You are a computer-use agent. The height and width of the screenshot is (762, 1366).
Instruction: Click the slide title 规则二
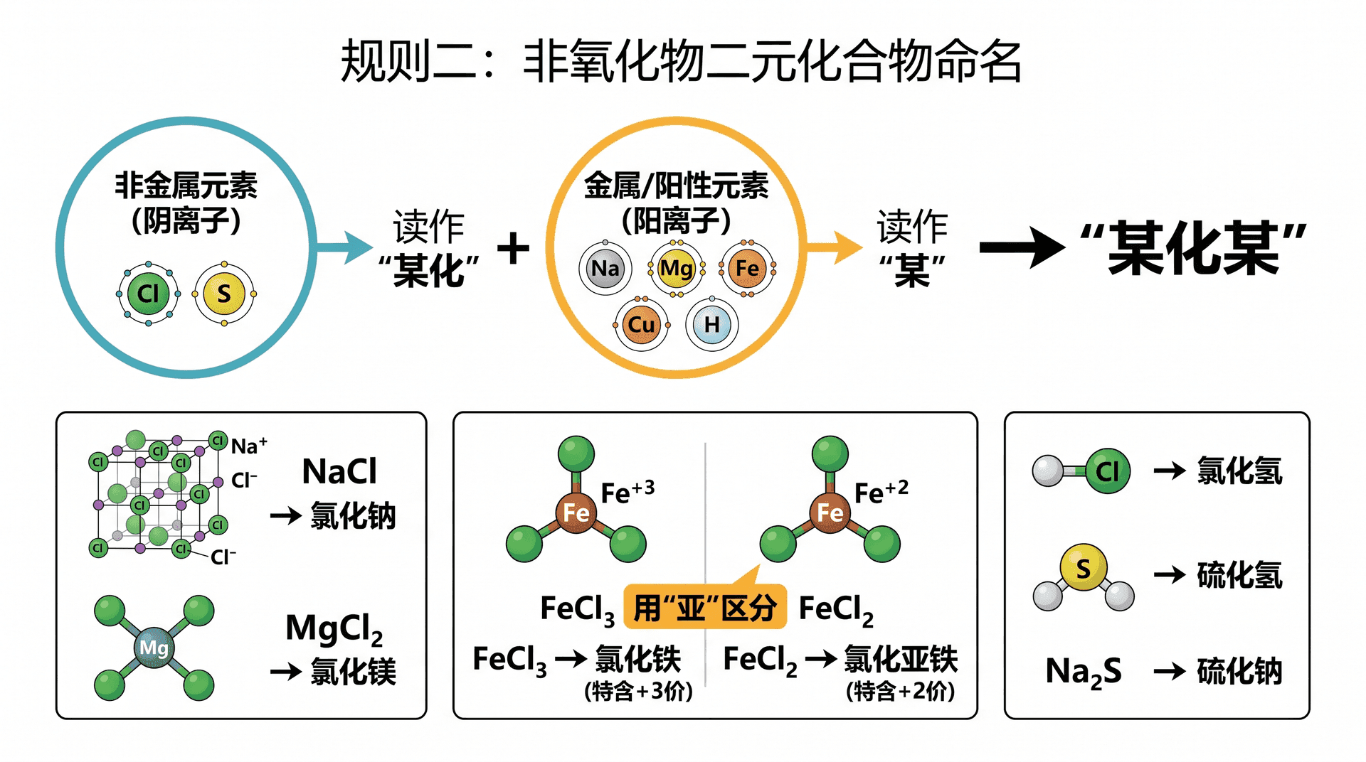409,61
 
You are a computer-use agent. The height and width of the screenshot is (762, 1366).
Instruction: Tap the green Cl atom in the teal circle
148,293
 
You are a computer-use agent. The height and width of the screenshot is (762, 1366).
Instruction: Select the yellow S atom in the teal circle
224,293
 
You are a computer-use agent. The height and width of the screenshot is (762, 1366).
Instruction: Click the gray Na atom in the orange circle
605,268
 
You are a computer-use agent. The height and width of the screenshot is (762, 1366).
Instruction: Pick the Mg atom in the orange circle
676,268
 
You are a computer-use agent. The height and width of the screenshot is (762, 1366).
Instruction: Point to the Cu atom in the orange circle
641,325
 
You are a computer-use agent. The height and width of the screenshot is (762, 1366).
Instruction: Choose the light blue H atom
711,325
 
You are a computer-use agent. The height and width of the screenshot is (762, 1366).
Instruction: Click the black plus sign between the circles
513,249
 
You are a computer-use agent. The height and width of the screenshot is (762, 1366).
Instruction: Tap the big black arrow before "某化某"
1022,247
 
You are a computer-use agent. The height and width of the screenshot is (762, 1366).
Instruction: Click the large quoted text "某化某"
1193,248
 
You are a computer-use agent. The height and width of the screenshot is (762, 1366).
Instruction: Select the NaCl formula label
339,471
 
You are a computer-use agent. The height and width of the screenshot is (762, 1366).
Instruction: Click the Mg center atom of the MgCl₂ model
154,648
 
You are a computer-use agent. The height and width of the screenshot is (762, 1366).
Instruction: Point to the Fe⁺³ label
628,492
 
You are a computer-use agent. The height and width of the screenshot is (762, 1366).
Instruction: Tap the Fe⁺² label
881,492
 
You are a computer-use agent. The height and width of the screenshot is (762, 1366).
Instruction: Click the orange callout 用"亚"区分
705,607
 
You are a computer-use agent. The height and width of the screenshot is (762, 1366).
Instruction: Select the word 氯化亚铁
901,659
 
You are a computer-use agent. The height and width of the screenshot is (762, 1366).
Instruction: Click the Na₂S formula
1084,672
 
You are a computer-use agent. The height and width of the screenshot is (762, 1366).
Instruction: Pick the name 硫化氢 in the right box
1239,575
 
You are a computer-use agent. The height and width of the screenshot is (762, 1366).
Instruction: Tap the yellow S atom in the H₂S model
1083,568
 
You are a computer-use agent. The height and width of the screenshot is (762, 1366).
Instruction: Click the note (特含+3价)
638,691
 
